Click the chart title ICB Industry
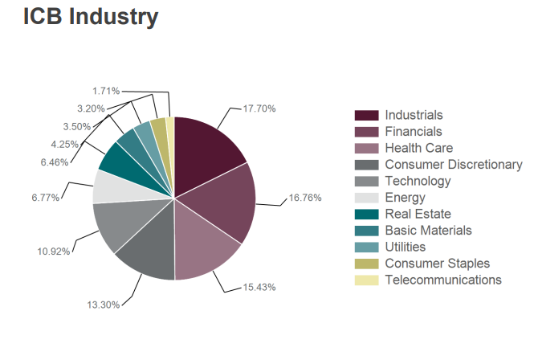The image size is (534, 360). click(x=90, y=17)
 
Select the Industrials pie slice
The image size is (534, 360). click(x=205, y=149)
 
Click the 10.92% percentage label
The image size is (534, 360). click(x=54, y=252)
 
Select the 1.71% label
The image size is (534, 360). click(x=106, y=91)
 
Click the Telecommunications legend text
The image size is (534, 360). click(x=443, y=280)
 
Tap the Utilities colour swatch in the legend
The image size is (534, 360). click(x=367, y=247)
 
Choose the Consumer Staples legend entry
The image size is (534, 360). click(x=437, y=264)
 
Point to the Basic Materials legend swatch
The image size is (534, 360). click(x=367, y=231)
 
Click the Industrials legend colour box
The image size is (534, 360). click(x=367, y=116)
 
